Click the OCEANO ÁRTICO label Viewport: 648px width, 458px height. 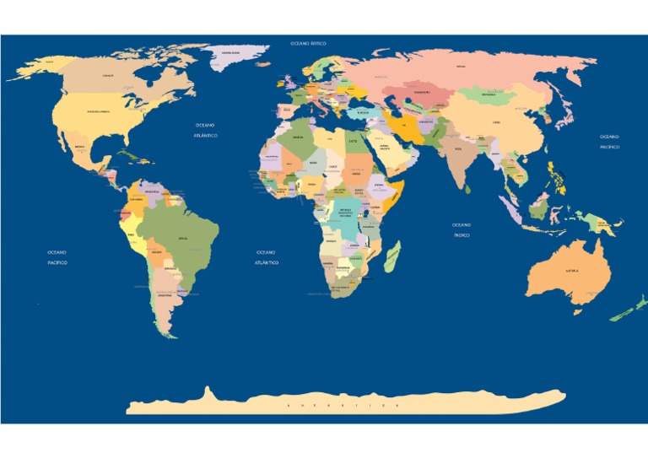click(308, 43)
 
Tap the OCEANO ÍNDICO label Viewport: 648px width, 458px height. click(461, 230)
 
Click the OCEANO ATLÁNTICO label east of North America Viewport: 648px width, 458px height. click(205, 130)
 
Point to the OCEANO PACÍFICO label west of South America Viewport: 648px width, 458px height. click(57, 257)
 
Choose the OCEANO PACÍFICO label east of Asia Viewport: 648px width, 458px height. click(609, 142)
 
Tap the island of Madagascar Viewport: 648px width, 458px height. click(391, 257)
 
